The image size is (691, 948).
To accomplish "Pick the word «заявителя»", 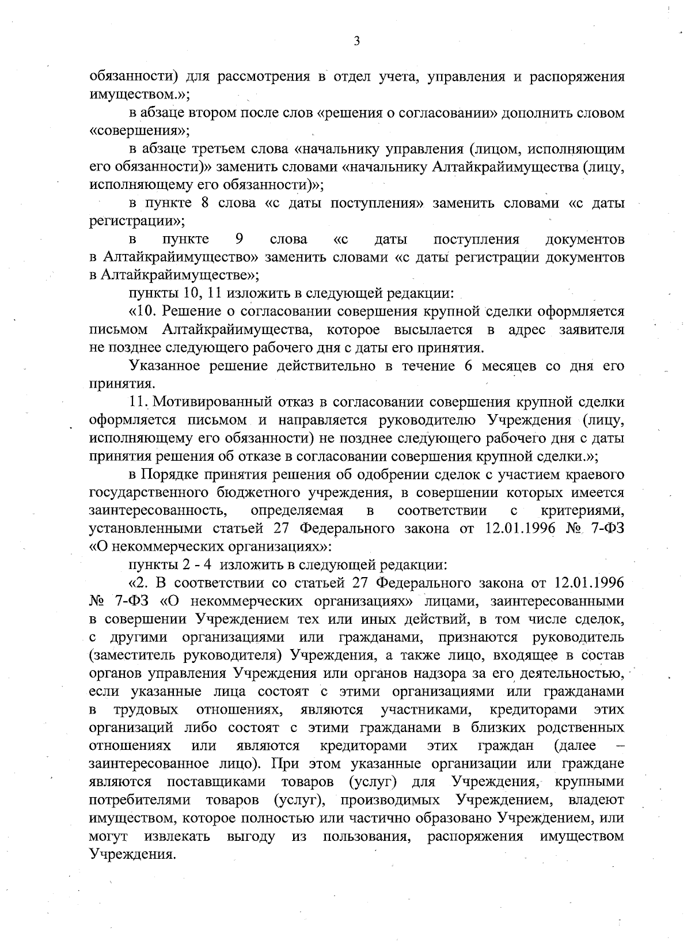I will coord(591,330).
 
